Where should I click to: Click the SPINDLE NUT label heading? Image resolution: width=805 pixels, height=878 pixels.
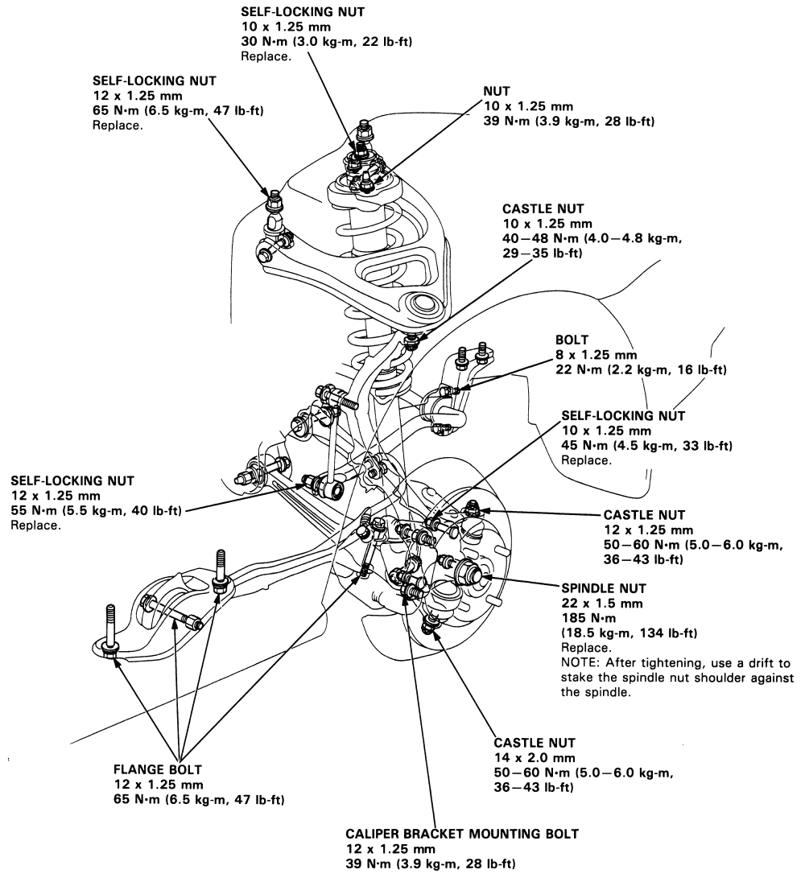603,588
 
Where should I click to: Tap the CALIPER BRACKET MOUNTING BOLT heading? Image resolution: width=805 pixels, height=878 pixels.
462,834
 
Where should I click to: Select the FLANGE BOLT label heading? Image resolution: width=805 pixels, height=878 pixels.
158,769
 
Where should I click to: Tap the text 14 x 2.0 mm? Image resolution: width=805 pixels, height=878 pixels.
535,757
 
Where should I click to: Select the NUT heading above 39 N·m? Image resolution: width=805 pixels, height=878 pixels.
497,91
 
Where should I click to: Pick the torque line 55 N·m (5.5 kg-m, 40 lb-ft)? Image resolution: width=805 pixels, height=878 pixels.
97,510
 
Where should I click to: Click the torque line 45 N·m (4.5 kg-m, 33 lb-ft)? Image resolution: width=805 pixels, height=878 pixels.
647,446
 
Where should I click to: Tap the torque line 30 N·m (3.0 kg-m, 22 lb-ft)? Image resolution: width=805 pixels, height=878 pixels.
327,41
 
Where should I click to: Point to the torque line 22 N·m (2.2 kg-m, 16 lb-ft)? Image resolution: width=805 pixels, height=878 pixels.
641,369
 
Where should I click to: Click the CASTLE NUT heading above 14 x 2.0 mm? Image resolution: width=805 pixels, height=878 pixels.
535,743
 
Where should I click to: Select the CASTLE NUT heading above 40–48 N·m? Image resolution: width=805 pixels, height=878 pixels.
543,209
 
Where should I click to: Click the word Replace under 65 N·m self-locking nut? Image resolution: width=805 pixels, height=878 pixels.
118,126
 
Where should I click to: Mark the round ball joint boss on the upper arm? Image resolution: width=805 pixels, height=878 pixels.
423,306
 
